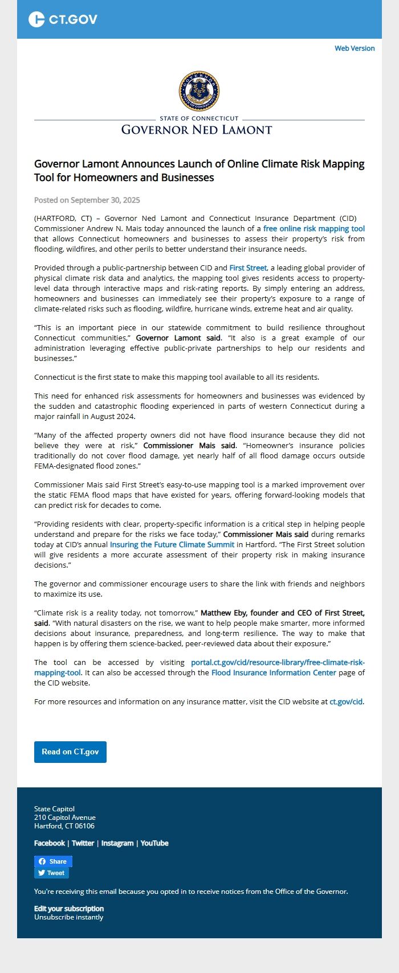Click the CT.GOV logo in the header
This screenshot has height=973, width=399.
[x=63, y=19]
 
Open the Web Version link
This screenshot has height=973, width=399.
[x=355, y=48]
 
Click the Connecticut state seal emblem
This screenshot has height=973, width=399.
[x=199, y=91]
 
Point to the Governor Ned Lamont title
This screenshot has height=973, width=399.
[x=197, y=130]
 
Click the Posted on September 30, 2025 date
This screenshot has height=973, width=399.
[x=87, y=200]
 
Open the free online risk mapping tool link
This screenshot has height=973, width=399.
[x=313, y=228]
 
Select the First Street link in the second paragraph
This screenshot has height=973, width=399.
[x=248, y=268]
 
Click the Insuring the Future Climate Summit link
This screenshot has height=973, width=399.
[x=172, y=544]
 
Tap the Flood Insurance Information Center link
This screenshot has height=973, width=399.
[x=274, y=672]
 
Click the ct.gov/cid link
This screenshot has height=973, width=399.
[x=346, y=701]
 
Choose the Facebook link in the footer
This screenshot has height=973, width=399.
[x=50, y=843]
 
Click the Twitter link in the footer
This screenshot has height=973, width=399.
[x=83, y=843]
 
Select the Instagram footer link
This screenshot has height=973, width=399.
[x=117, y=843]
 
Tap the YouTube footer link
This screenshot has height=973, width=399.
[x=154, y=843]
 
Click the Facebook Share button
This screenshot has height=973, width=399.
[x=53, y=861]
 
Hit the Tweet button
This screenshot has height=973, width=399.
[x=51, y=873]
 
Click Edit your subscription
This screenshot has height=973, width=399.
[x=69, y=909]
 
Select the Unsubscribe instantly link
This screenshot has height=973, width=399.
[x=69, y=917]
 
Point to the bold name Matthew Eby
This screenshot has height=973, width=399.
[x=224, y=613]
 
